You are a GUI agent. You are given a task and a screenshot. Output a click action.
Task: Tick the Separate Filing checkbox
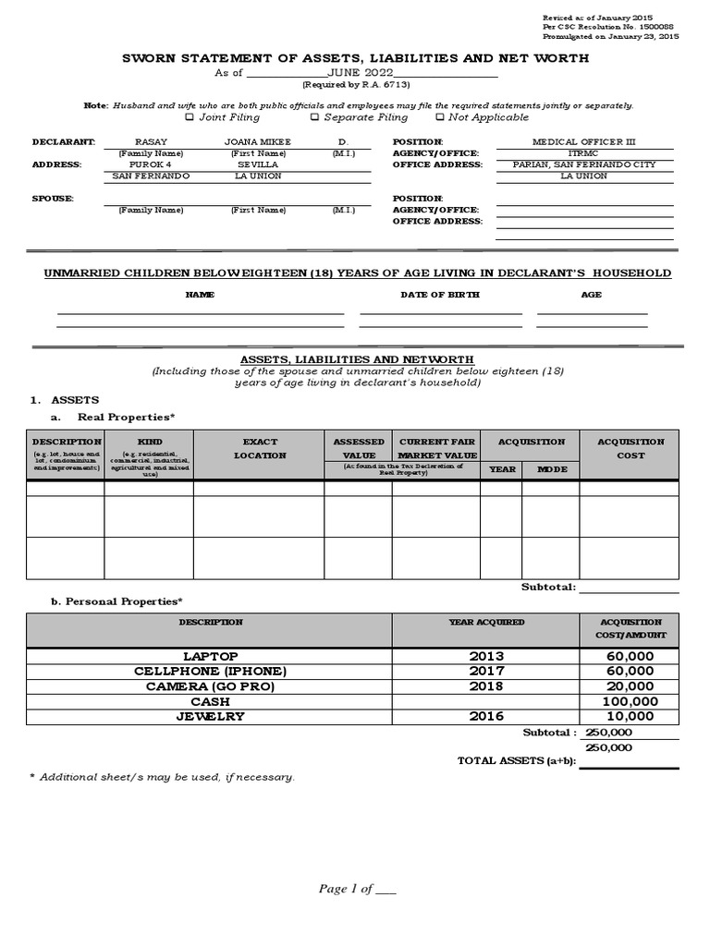[314, 117]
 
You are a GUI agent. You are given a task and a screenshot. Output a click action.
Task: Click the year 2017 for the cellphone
[486, 671]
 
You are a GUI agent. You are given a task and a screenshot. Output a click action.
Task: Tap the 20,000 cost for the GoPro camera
[629, 686]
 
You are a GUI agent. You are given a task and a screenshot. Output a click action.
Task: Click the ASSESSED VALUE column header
[358, 448]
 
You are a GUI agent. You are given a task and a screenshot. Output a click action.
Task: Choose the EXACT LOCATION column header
[260, 448]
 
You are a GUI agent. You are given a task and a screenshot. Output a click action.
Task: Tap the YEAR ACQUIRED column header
[486, 623]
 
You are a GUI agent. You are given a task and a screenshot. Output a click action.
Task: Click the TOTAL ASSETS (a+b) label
[517, 760]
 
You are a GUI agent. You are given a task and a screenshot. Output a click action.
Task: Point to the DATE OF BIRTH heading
[439, 295]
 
